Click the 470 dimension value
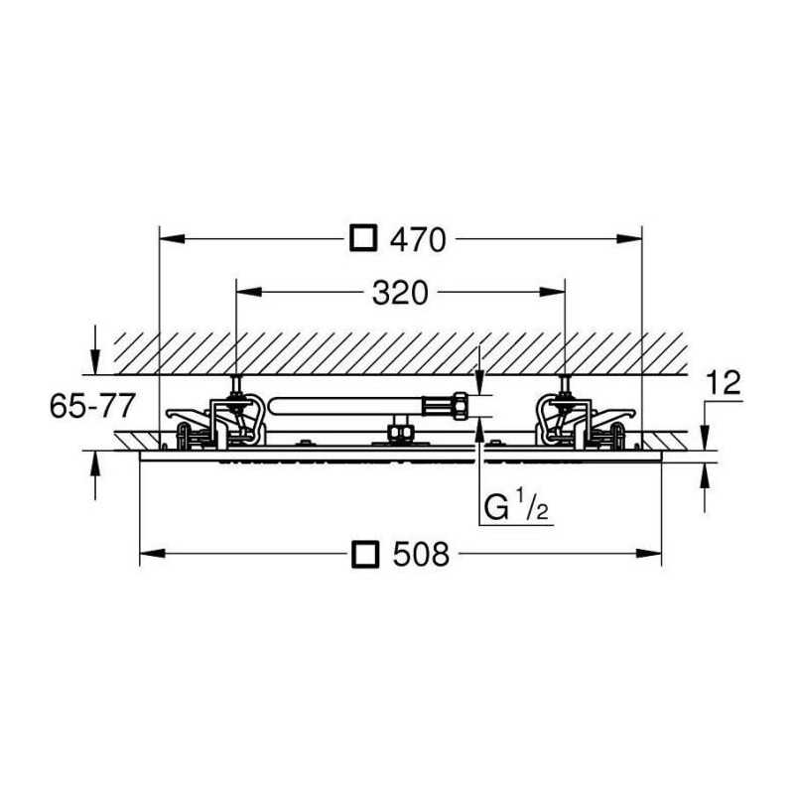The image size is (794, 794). (x=418, y=239)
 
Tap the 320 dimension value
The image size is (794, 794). (x=400, y=293)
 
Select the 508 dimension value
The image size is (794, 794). (x=421, y=554)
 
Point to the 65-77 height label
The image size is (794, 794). (x=92, y=406)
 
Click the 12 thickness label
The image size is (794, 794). (x=724, y=382)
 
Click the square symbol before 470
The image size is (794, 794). (x=363, y=237)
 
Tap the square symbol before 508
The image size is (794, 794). (x=365, y=554)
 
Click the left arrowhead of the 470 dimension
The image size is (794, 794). (x=172, y=239)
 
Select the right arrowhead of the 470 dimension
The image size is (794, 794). (x=629, y=239)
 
